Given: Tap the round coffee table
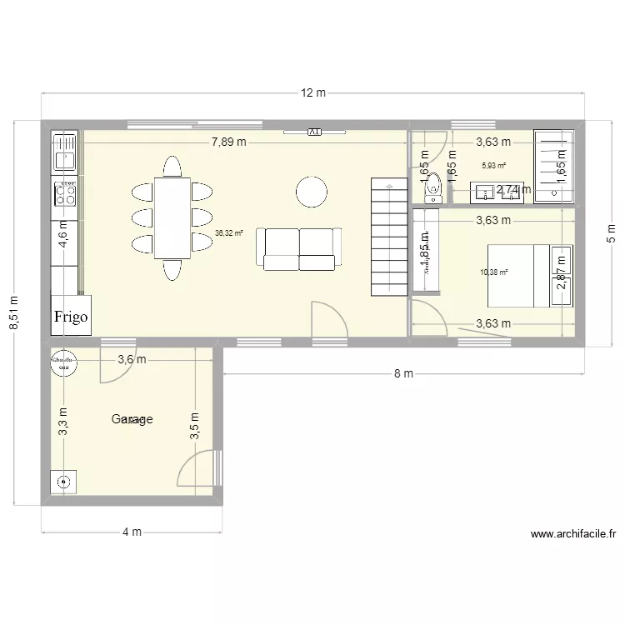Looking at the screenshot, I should coord(312,191).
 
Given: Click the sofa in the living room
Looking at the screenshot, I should coord(301,249).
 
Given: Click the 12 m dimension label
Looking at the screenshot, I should coord(313,93).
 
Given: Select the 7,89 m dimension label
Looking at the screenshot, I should coord(228,142).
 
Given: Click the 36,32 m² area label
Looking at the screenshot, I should coord(227,234).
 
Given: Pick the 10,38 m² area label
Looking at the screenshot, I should coord(493,272).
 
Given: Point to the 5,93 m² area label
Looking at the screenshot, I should coord(493,166).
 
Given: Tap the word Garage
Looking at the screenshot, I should coord(132,420).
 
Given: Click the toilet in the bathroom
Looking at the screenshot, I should coord(432,192).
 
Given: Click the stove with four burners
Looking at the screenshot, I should coord(64,195).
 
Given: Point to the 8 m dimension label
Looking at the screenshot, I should coord(403,374).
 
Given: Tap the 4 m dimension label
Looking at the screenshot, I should coord(132,532).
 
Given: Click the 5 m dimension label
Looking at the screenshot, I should coord(610,236).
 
